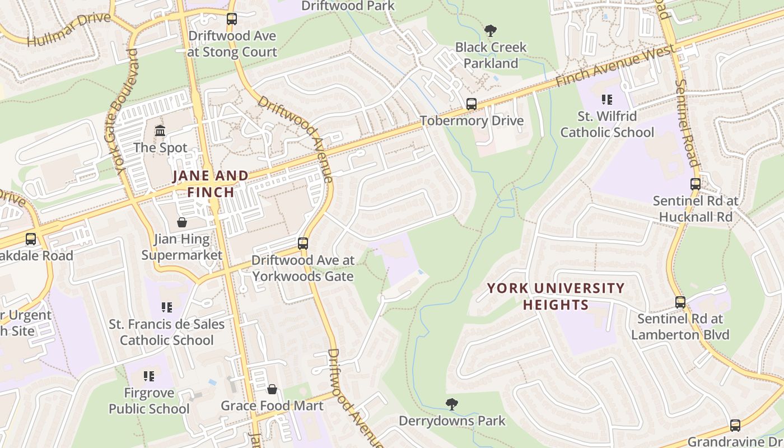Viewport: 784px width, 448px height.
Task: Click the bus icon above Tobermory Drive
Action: [x=472, y=104]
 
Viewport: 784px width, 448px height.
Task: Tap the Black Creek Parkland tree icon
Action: [x=491, y=30]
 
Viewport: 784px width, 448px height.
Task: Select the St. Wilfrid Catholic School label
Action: [x=607, y=124]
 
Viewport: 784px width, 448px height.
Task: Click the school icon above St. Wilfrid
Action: [x=606, y=100]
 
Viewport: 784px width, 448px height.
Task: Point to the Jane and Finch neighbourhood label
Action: [x=211, y=184]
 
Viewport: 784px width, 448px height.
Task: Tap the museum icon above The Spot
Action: [x=160, y=131]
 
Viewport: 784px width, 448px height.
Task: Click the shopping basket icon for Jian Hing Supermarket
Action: [x=182, y=222]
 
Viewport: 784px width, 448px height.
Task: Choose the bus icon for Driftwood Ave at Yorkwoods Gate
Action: [x=303, y=244]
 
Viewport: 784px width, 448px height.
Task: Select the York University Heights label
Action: [x=556, y=296]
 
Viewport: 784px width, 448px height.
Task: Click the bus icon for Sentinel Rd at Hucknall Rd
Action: [x=695, y=184]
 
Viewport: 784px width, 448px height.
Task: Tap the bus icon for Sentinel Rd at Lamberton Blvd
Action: [x=680, y=302]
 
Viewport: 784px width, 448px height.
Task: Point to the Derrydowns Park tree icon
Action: [x=451, y=403]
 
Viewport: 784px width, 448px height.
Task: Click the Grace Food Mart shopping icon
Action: [x=272, y=389]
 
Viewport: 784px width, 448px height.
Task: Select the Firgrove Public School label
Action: [x=149, y=401]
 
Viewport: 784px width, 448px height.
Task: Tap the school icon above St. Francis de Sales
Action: [x=166, y=307]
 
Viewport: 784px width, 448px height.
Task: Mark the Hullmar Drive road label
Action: [x=69, y=30]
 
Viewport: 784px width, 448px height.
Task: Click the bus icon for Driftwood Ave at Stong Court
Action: [x=231, y=19]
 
